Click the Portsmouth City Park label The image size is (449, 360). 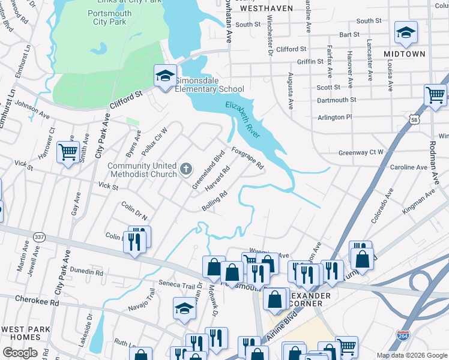[106, 17]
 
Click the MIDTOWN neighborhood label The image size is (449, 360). [404, 54]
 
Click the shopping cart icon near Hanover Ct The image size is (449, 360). [68, 152]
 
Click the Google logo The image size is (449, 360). [20, 352]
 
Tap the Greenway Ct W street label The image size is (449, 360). [361, 152]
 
